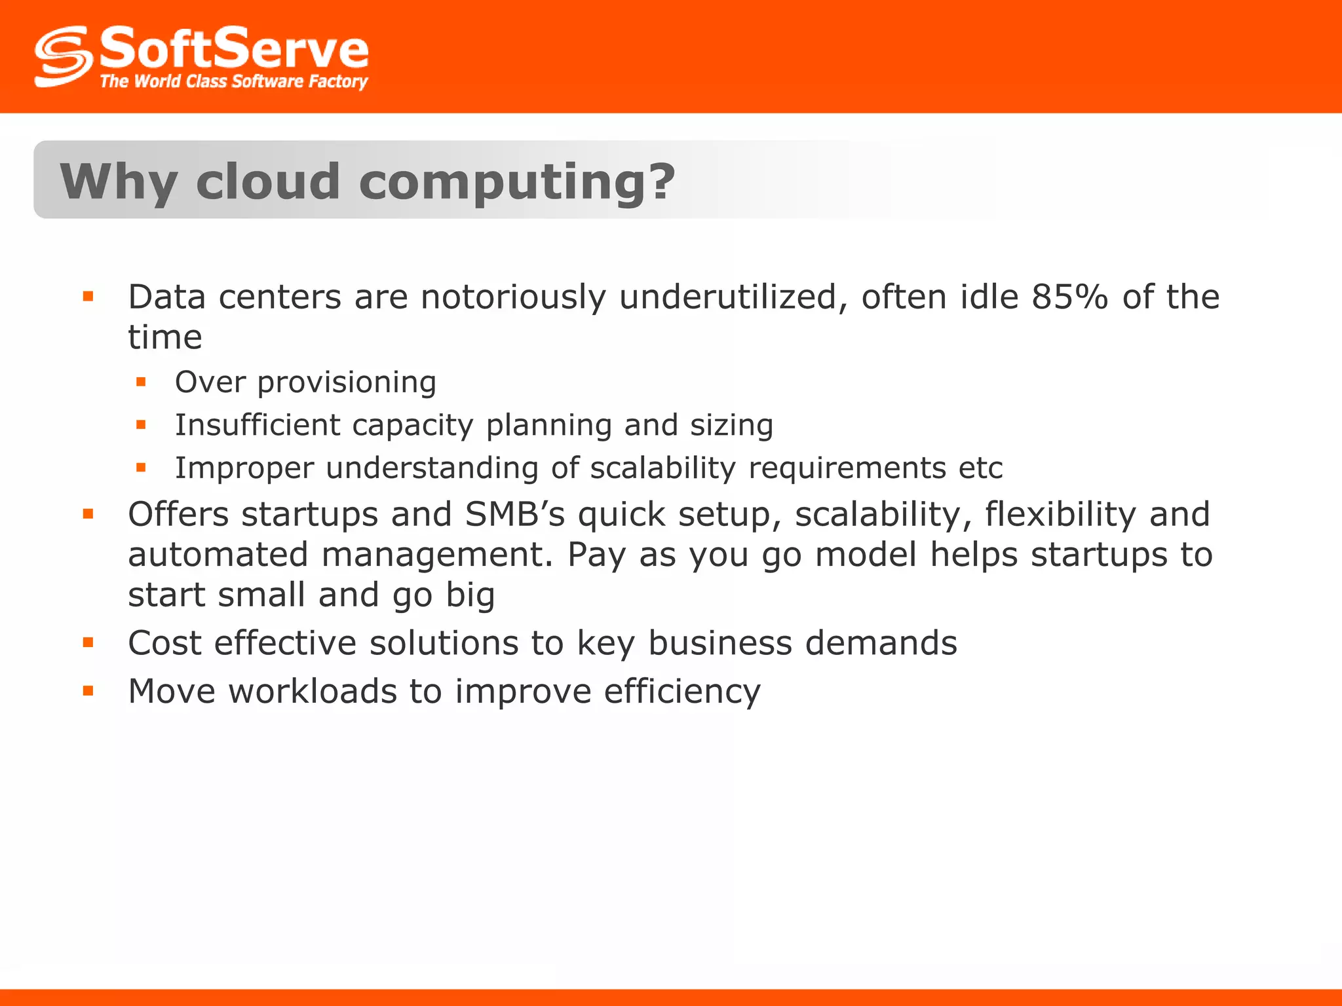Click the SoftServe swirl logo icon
[63, 56]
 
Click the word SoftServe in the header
[234, 48]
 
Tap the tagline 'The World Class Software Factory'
[234, 81]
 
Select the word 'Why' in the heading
[119, 182]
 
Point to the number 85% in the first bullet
[1069, 297]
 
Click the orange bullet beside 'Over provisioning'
[141, 381]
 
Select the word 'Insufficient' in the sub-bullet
[258, 424]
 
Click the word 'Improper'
[244, 468]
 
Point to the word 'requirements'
[847, 468]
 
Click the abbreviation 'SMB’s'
[515, 514]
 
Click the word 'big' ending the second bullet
[470, 595]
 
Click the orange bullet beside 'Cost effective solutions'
[88, 643]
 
